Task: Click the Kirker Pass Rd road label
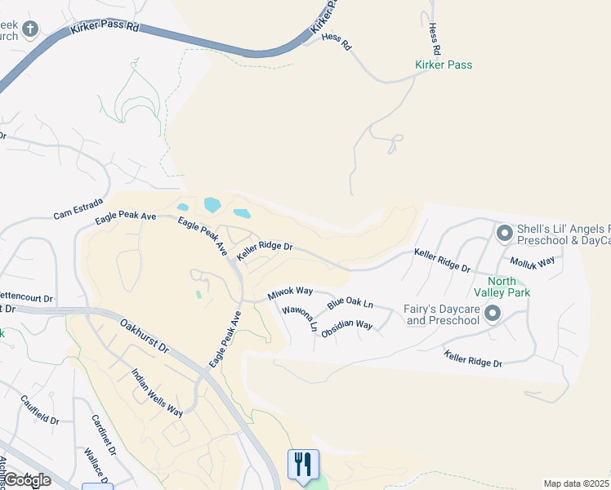pos(105,27)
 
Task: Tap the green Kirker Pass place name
pos(444,65)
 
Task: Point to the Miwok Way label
pos(290,292)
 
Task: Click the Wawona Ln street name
pos(300,318)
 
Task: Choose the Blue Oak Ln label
pos(350,303)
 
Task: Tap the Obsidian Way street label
pos(347,330)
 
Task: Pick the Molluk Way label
pos(532,261)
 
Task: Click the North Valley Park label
pos(502,286)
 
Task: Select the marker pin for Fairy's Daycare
pos(493,314)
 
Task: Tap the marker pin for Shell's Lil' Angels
pos(504,234)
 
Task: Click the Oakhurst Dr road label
pos(144,336)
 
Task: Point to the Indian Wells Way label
pos(158,392)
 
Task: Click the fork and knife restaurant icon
pos(303,464)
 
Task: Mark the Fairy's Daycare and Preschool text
pos(442,314)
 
